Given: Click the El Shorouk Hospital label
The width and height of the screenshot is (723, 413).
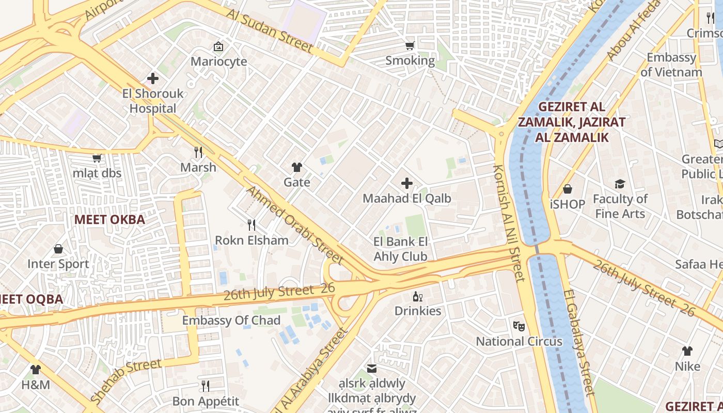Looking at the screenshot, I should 153,102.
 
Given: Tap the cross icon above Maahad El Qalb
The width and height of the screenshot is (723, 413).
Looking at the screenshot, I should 407,183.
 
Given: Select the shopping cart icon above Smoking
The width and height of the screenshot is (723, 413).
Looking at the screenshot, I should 410,46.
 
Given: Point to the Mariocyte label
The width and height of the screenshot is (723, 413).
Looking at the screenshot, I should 218,61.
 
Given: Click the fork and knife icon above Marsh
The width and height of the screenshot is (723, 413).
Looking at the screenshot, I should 198,152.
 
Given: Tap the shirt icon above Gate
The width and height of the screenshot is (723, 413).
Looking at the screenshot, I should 297,167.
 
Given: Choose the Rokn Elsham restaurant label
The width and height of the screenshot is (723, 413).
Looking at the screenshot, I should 252,240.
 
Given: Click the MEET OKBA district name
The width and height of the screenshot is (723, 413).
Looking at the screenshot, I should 109,219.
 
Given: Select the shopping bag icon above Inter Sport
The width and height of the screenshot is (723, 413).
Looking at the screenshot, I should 58,249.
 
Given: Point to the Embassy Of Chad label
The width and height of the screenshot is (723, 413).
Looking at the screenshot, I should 231,321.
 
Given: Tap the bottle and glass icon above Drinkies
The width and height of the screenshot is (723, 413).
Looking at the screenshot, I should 417,296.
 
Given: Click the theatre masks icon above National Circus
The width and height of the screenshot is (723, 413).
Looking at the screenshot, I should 518,326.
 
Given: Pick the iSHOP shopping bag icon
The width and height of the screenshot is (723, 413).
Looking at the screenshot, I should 568,189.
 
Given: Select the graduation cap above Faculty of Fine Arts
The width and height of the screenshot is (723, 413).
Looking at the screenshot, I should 620,184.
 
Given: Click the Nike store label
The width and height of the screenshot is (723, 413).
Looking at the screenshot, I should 687,366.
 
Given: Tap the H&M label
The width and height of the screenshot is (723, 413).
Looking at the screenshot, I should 36,385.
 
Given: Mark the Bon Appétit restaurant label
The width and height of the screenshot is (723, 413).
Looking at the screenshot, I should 206,401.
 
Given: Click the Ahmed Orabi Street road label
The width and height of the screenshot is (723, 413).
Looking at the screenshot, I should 294,225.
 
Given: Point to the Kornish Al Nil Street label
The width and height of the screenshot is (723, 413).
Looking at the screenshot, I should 509,223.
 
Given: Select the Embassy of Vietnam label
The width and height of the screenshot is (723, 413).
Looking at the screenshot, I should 671,65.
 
